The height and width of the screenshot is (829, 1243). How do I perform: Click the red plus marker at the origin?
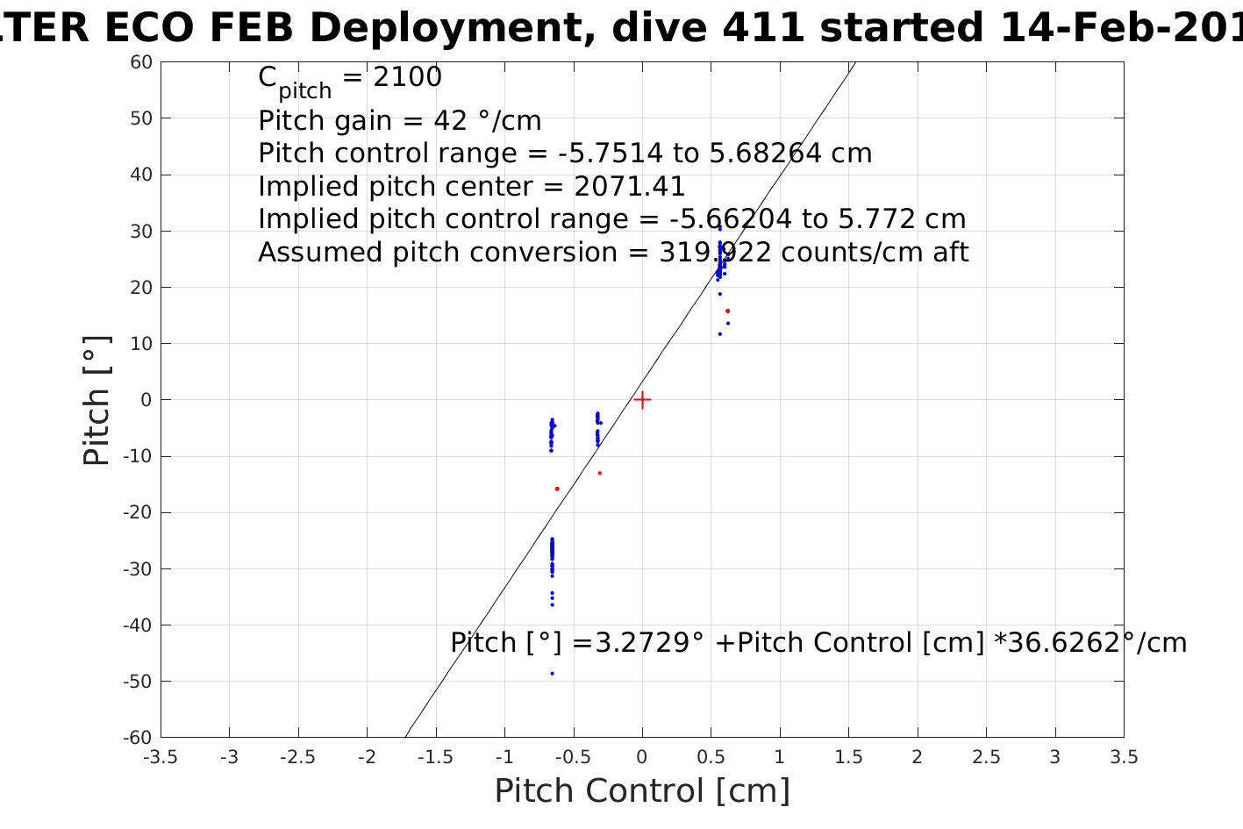(x=642, y=400)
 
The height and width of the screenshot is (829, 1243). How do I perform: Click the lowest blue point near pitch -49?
(x=552, y=674)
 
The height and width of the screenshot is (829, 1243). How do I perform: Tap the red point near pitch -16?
(x=557, y=489)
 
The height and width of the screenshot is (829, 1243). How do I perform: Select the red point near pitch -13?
(x=599, y=473)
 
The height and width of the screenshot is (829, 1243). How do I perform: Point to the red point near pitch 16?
(x=727, y=311)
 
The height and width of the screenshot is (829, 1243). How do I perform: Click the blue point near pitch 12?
(x=720, y=333)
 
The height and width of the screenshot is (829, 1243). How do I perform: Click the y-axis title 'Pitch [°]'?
(x=97, y=400)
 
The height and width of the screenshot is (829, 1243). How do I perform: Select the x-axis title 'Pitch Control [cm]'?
(x=642, y=791)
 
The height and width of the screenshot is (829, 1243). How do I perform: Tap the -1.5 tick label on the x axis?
(x=436, y=757)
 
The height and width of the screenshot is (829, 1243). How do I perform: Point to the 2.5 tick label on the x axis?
(x=986, y=757)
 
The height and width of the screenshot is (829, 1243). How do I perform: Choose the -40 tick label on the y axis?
(x=138, y=625)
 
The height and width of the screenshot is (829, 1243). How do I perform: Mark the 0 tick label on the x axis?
(x=642, y=757)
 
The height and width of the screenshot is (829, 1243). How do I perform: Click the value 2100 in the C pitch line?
(x=408, y=78)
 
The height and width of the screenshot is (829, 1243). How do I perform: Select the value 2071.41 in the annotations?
(x=630, y=187)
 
